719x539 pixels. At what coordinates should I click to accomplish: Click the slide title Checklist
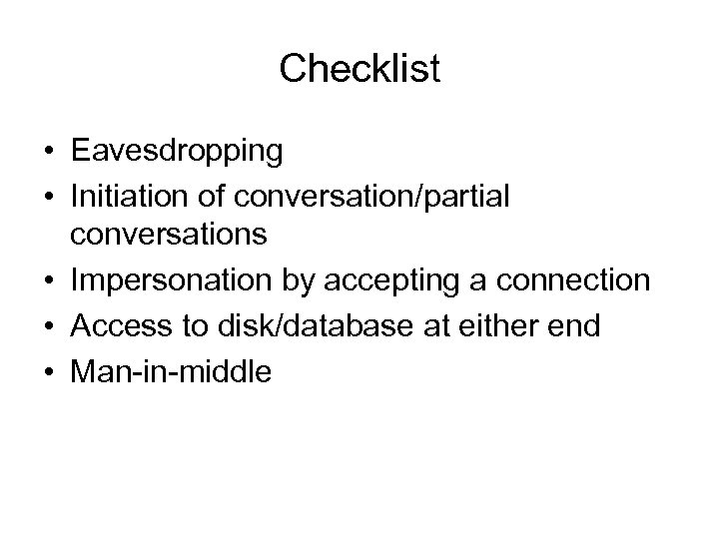[359, 69]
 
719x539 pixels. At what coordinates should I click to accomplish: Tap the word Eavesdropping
[177, 152]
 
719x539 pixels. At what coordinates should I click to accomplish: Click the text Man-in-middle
[171, 371]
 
